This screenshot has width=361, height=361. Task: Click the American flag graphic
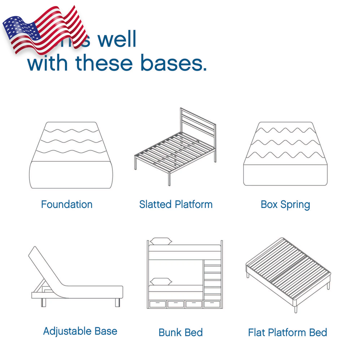44,30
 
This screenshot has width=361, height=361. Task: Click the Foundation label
67,205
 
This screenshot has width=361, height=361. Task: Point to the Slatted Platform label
176,205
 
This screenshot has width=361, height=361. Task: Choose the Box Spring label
285,205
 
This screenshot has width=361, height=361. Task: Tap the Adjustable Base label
80,331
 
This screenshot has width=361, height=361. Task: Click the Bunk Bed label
180,332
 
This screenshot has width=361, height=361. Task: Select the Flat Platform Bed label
287,332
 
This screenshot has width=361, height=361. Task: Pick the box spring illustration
285,154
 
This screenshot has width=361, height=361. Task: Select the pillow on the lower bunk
161,281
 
